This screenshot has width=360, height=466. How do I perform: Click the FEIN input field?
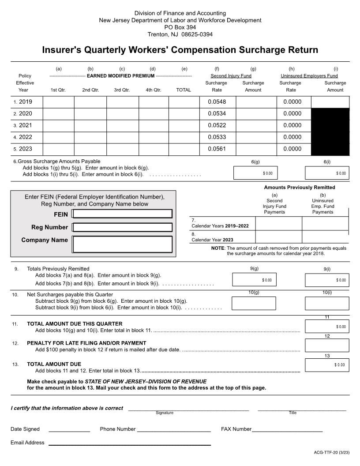point(122,214)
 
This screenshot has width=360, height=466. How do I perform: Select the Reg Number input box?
point(122,227)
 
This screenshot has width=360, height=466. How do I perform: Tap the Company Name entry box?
point(122,244)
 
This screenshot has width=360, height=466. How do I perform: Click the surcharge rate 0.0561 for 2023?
point(217,149)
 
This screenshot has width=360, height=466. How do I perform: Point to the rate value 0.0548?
point(217,101)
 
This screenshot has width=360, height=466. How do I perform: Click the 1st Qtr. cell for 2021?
point(58,125)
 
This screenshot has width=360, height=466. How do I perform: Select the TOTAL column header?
point(184,90)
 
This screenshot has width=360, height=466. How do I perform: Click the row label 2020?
point(25,113)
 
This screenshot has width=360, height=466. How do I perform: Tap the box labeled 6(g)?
point(255,173)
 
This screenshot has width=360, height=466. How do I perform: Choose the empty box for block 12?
point(327,345)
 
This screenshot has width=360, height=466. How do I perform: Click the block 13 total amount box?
point(327,365)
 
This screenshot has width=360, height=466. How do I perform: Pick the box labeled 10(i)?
point(327,304)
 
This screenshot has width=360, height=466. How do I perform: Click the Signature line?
point(188,409)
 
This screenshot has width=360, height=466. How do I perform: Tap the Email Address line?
point(129,443)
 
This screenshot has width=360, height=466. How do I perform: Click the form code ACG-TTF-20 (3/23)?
point(331,452)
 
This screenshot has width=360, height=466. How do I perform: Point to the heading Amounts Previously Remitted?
point(299,188)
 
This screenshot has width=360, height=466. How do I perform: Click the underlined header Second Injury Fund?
point(231,76)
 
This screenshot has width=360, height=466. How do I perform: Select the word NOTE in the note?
point(217,248)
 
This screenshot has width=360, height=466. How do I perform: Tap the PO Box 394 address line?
point(180,27)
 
